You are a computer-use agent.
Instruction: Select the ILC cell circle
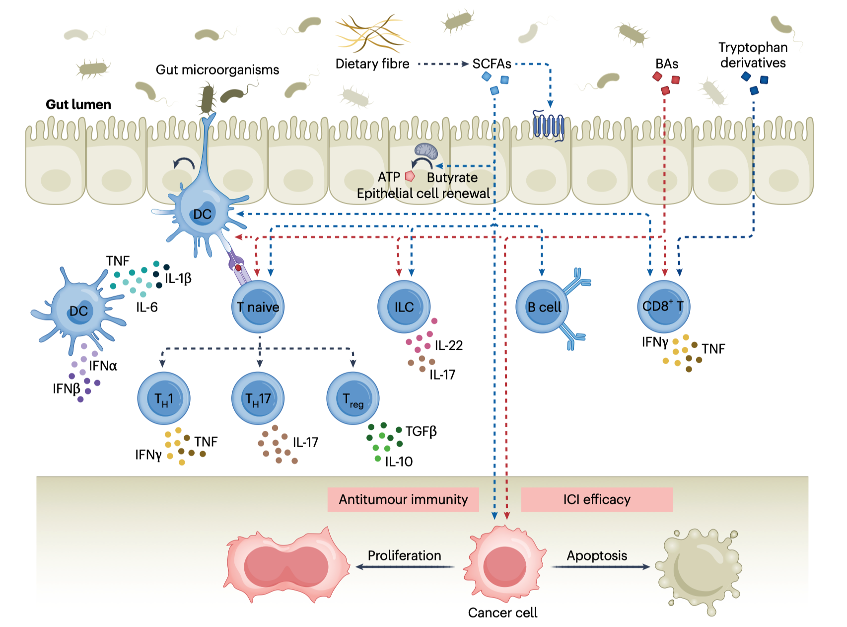coord(404,307)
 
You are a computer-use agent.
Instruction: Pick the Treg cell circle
coord(353,398)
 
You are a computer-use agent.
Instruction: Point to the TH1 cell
coord(164,398)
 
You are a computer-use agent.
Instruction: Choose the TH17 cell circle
coord(258,398)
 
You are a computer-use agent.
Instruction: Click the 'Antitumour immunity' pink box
coord(403,499)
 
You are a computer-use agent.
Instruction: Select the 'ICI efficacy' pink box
coord(597,499)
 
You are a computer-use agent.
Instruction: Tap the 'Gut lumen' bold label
coord(78,104)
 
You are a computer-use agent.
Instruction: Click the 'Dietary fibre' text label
coord(372,64)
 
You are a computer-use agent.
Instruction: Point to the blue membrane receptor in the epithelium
coord(549,125)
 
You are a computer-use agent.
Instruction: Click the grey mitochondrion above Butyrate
coord(426,151)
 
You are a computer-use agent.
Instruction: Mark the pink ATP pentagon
coord(410,176)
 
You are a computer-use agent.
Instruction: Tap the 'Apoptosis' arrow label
coord(597,555)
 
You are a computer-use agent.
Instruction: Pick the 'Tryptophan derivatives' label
coord(753,55)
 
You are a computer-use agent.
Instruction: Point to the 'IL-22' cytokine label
coord(449,345)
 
